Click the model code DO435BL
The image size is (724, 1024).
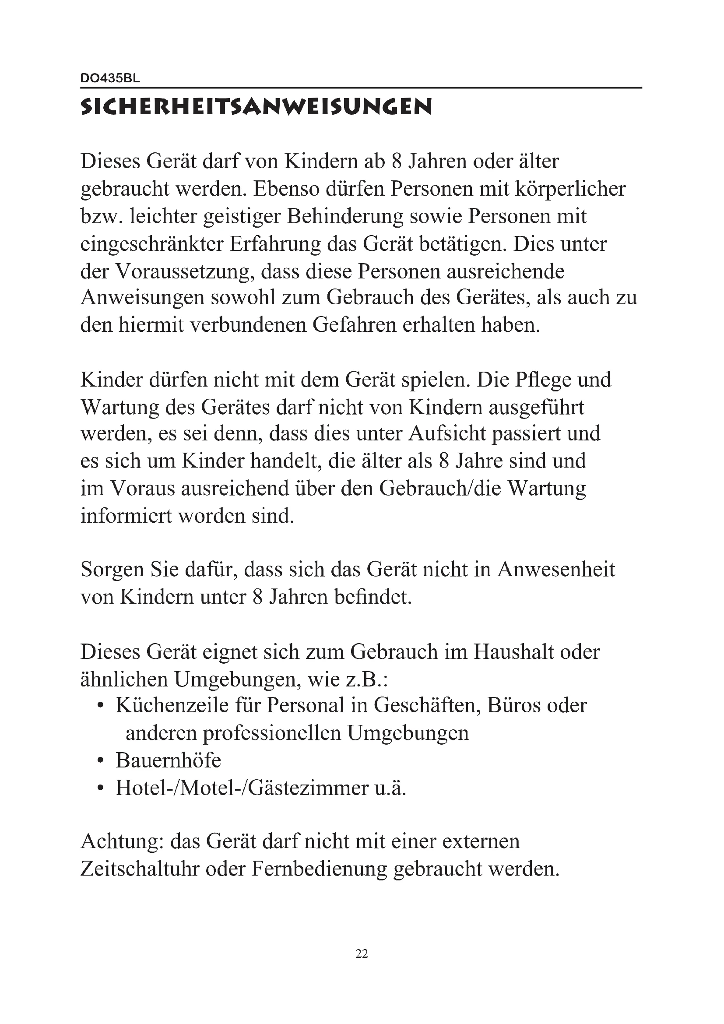click(110, 78)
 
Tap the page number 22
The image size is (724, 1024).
click(362, 954)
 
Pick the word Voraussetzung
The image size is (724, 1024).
click(185, 271)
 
